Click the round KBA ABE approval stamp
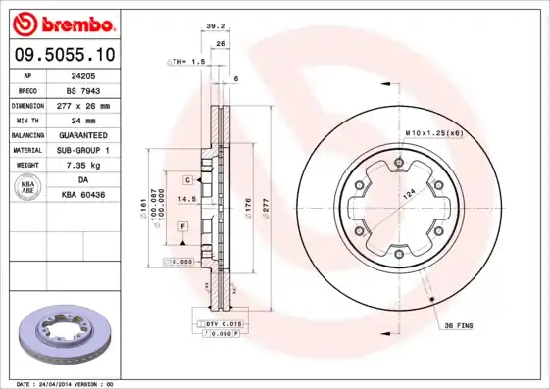point(28,187)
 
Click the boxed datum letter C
point(185,181)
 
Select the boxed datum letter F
point(183,226)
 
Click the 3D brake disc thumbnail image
point(62,334)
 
